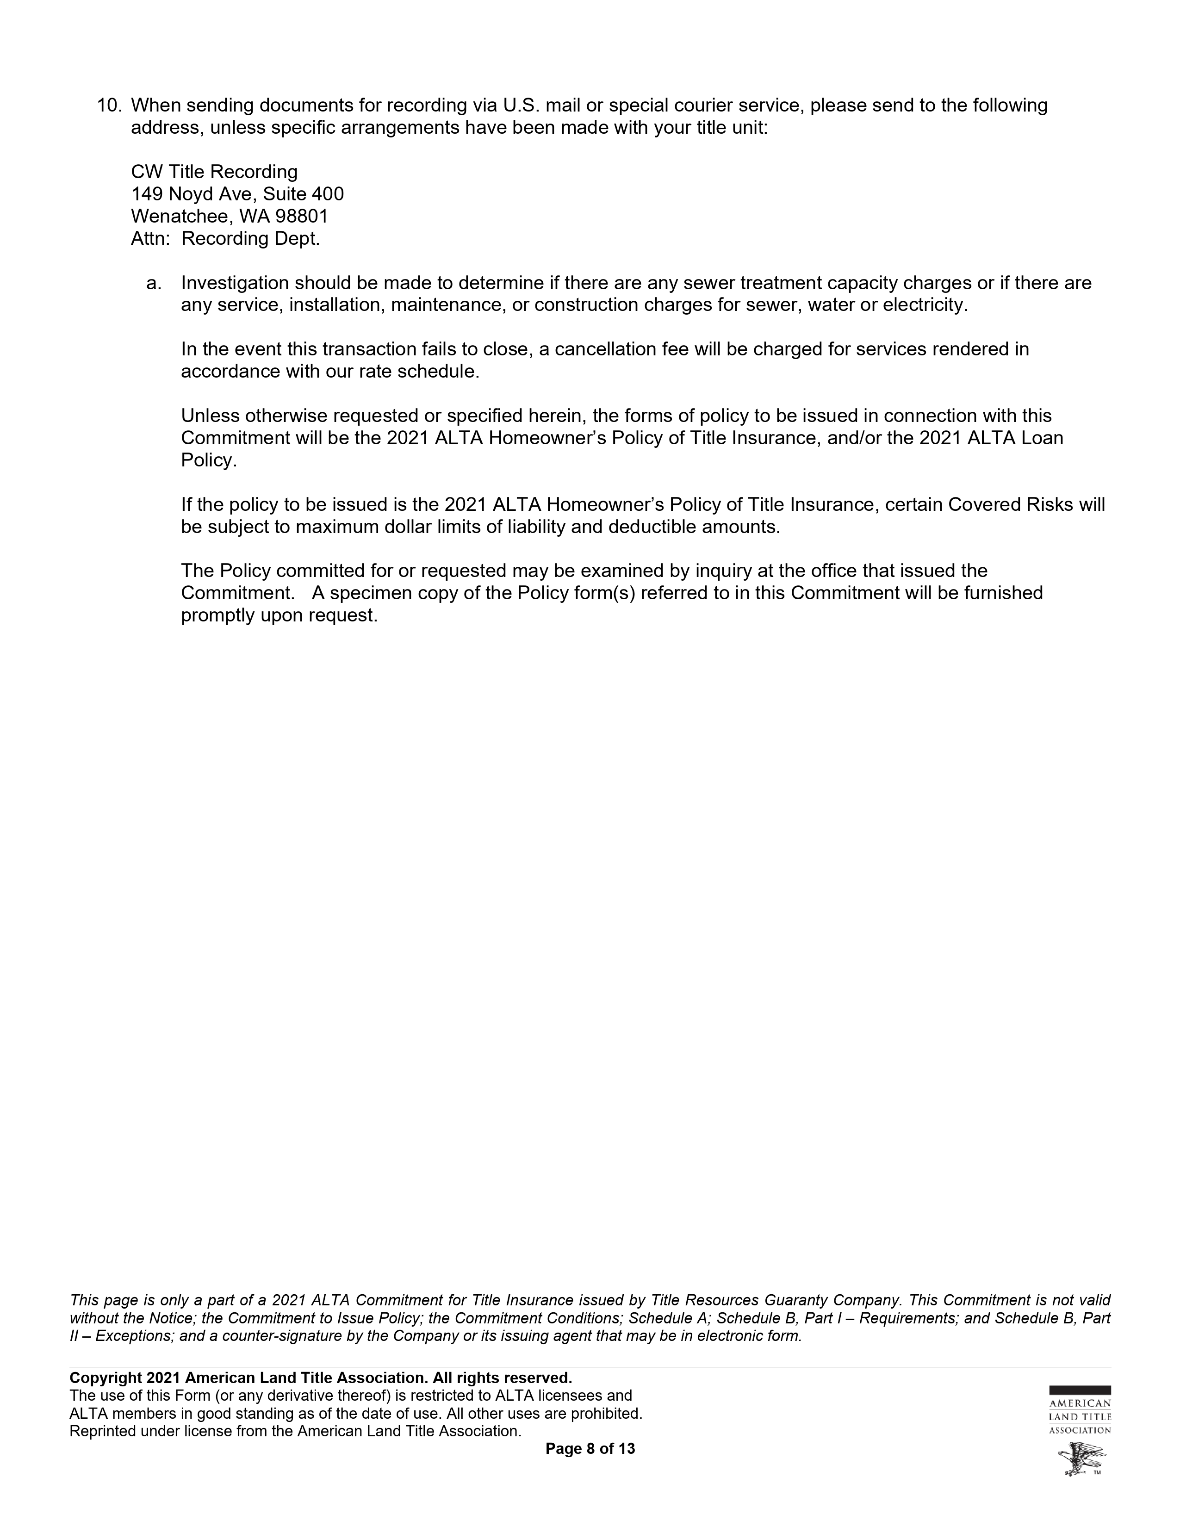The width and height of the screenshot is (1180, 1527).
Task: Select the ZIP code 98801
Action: (x=302, y=216)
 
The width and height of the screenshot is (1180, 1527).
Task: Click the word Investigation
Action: (x=235, y=283)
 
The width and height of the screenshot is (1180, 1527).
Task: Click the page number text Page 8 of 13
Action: (x=590, y=1449)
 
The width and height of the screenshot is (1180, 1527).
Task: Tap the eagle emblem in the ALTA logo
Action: (x=1081, y=1459)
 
